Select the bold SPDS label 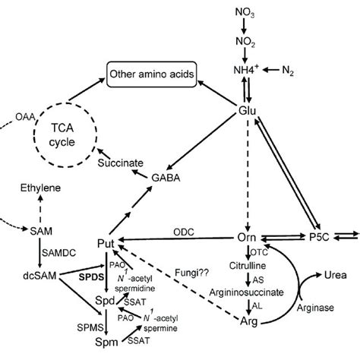(90, 278)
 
